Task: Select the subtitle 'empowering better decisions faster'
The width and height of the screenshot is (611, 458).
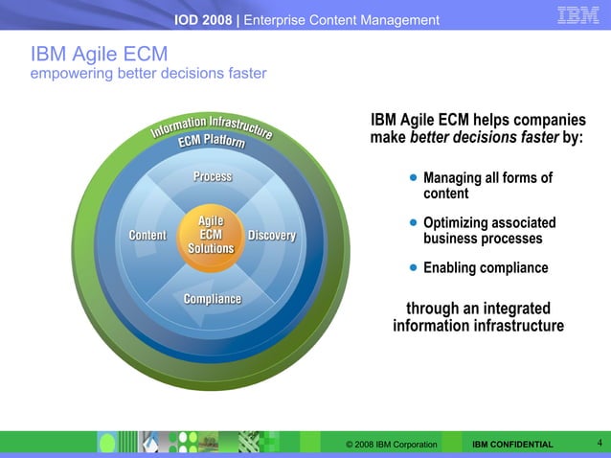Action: [149, 74]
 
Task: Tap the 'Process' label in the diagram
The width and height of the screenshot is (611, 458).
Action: [213, 176]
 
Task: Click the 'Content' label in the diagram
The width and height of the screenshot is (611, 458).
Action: [147, 236]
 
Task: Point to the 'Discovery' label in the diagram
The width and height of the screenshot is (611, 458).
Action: [272, 236]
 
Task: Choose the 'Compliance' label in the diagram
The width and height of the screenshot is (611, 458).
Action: [213, 299]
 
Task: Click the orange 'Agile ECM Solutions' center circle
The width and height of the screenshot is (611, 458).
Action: [211, 235]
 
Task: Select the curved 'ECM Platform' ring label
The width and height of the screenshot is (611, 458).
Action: [211, 146]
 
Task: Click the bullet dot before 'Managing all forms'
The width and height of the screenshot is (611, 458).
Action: [413, 178]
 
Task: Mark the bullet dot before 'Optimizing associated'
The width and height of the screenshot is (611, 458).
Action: [413, 223]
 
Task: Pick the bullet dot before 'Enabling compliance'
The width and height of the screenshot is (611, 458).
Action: [413, 267]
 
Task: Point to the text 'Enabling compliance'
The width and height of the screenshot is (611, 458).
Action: [486, 268]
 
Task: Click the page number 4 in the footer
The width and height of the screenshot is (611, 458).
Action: [599, 443]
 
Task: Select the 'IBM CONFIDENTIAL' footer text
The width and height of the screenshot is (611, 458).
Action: [512, 446]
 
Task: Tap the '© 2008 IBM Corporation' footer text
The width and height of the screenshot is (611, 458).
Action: [392, 446]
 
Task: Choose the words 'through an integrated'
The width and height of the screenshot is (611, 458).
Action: [478, 309]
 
